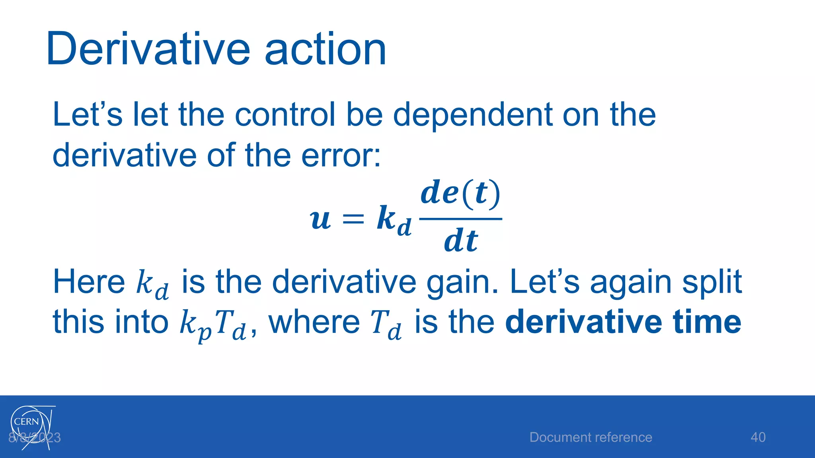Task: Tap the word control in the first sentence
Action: [285, 114]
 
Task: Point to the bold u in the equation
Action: [320, 219]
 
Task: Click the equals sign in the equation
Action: [353, 219]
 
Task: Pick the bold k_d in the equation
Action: [393, 221]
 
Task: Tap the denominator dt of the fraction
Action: [460, 241]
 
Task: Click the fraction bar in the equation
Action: [460, 219]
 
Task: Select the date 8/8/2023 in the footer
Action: [35, 438]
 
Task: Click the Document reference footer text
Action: [591, 437]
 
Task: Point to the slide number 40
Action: [758, 437]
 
